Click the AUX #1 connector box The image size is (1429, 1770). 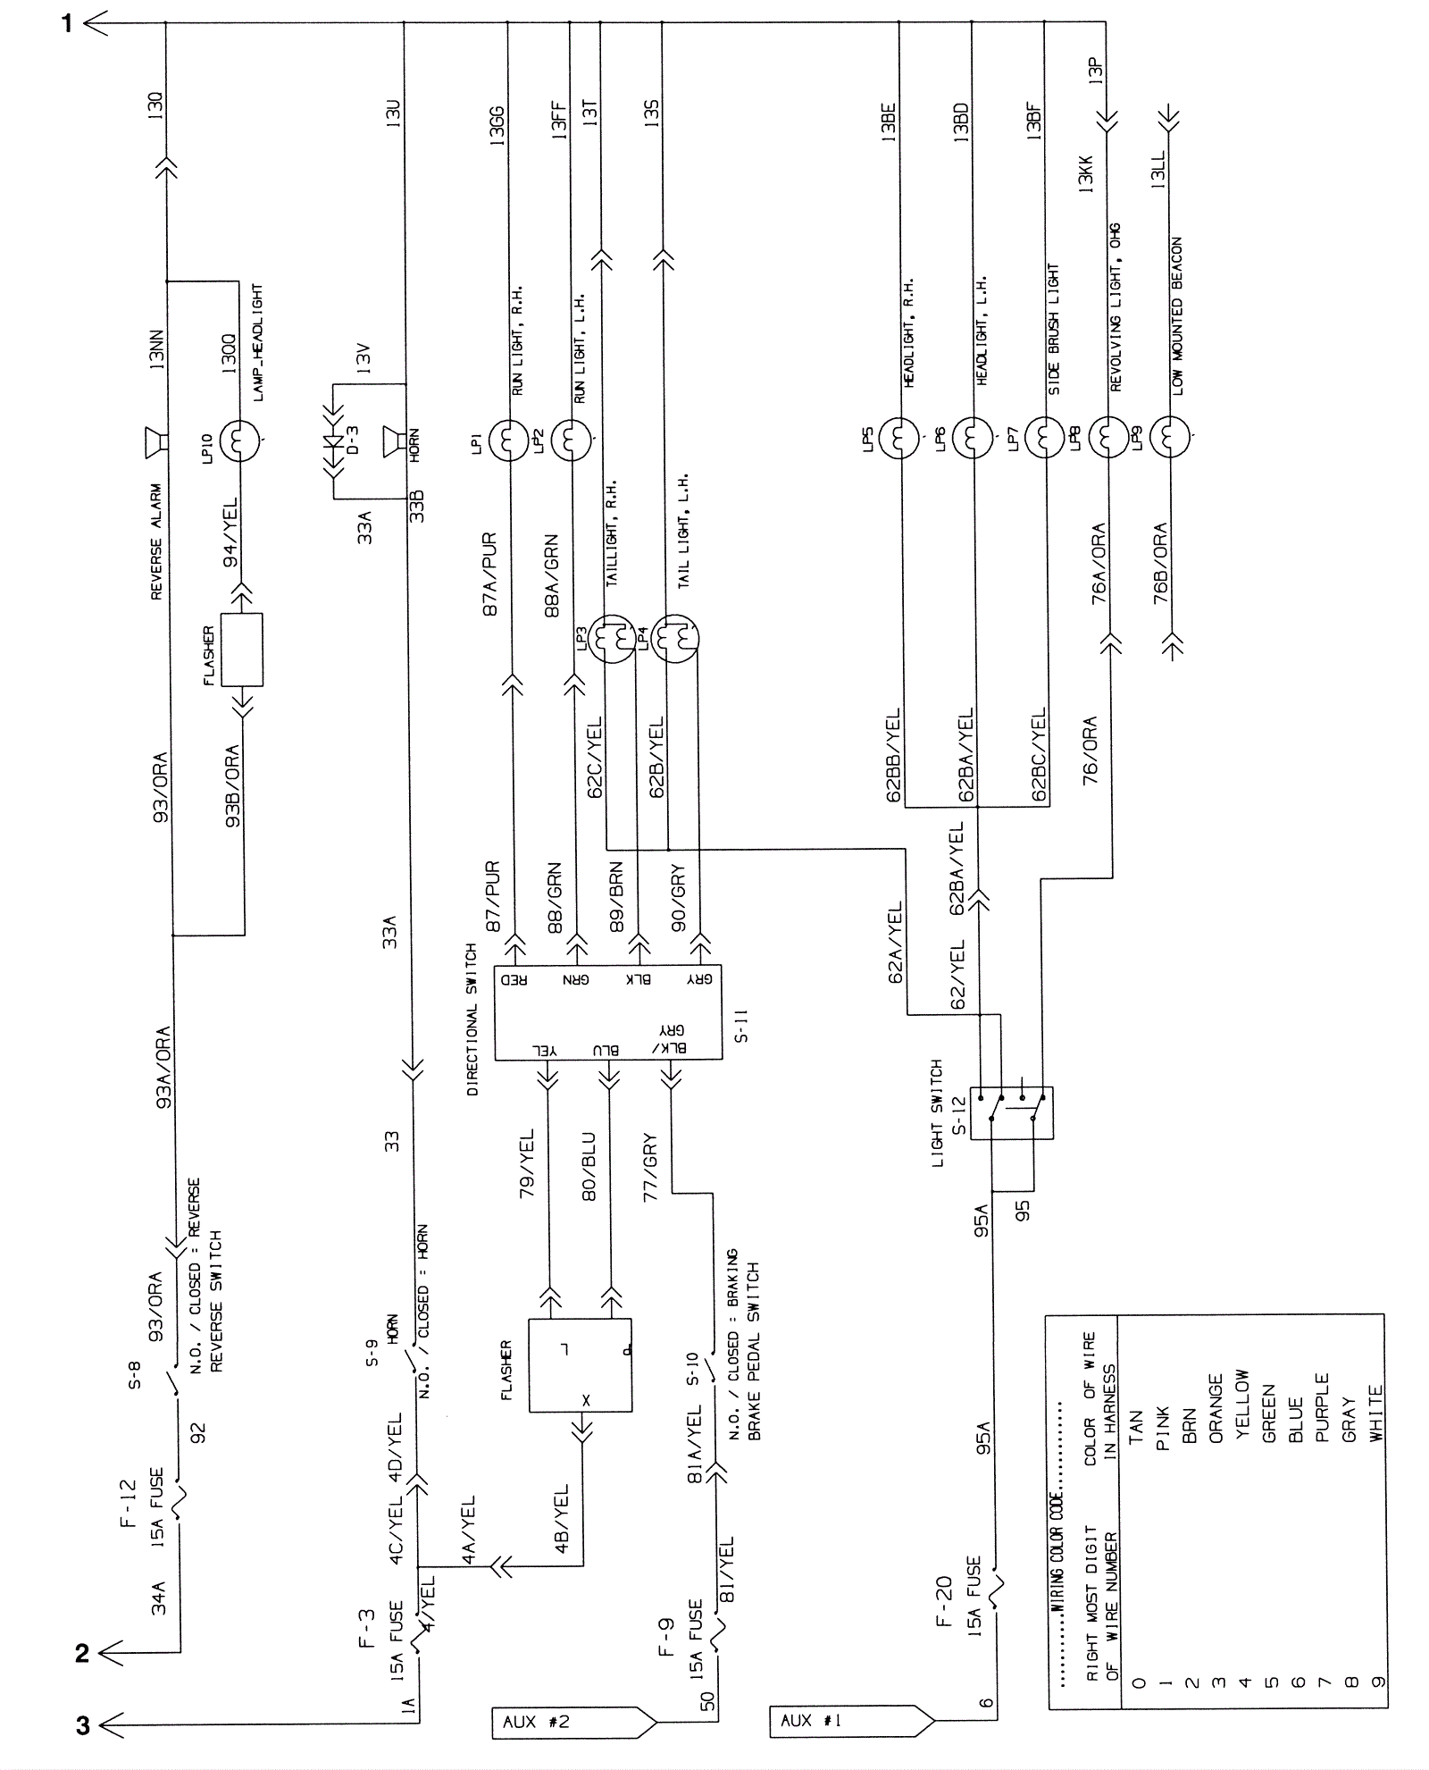pos(848,1721)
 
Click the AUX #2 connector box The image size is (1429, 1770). pos(572,1722)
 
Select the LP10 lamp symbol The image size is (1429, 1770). pos(239,440)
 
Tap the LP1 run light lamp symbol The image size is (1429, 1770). pos(508,440)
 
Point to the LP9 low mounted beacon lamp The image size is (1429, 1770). pos(1170,439)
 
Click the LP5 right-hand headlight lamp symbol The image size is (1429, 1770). pos(899,438)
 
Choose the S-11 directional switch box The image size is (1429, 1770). pos(608,1012)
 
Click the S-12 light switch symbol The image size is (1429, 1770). pos(1012,1112)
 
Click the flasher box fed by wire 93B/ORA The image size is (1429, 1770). pos(242,650)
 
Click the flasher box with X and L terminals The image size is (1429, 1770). pos(581,1365)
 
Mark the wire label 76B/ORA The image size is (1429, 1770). pos(1160,564)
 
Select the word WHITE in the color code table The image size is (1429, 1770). pos(1376,1413)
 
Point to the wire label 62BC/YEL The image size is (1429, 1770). pos(1038,755)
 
